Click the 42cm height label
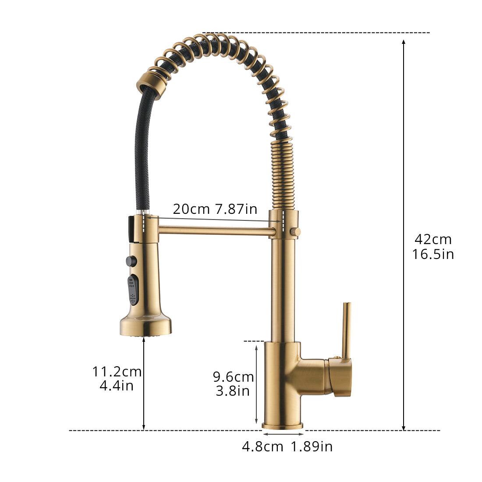pos(433,239)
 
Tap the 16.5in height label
pos(433,254)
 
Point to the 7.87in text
pos(236,209)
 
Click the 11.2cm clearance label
pos(117,372)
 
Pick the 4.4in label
pos(117,386)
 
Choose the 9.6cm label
pos(233,376)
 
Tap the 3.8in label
pos(233,390)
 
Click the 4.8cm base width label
pos(262,447)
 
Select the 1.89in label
pos(312,447)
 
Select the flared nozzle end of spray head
pos(145,326)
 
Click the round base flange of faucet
pos(282,425)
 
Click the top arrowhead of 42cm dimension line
pos(404,41)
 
